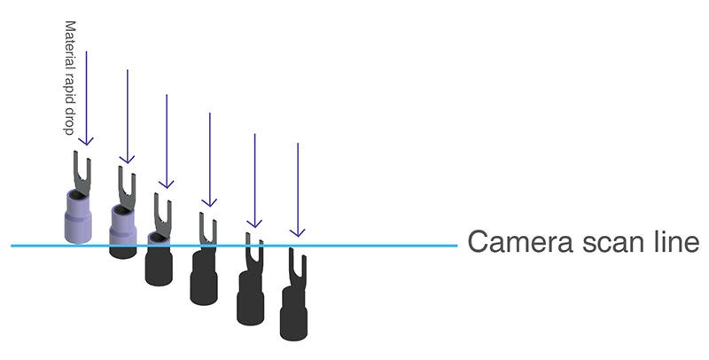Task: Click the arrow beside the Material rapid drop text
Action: tap(86, 98)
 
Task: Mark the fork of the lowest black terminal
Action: tap(297, 266)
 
